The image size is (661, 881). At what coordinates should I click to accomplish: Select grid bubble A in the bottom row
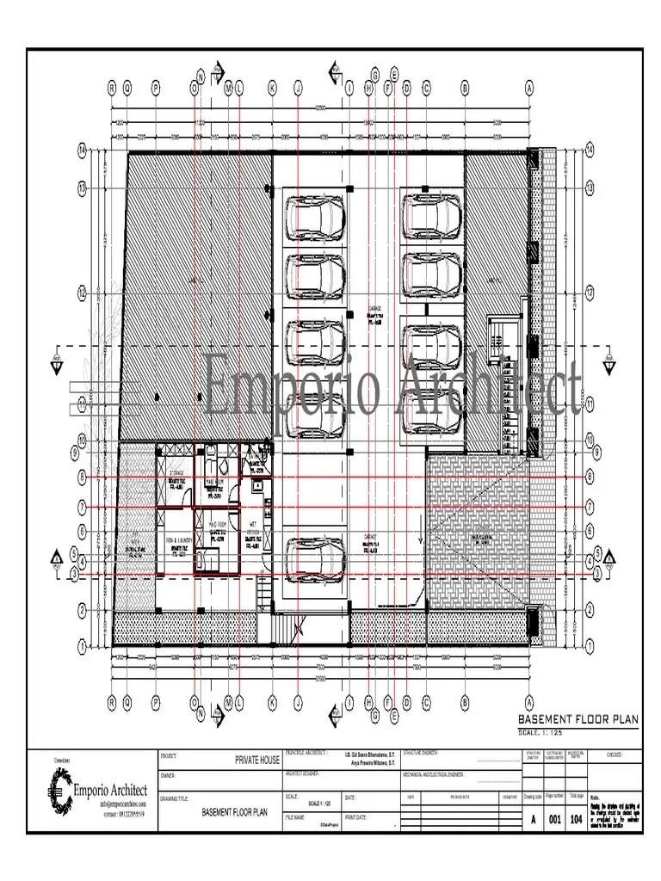[528, 703]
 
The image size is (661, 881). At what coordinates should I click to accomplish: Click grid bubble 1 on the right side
[590, 644]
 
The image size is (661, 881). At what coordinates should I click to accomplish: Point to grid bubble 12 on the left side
[83, 292]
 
